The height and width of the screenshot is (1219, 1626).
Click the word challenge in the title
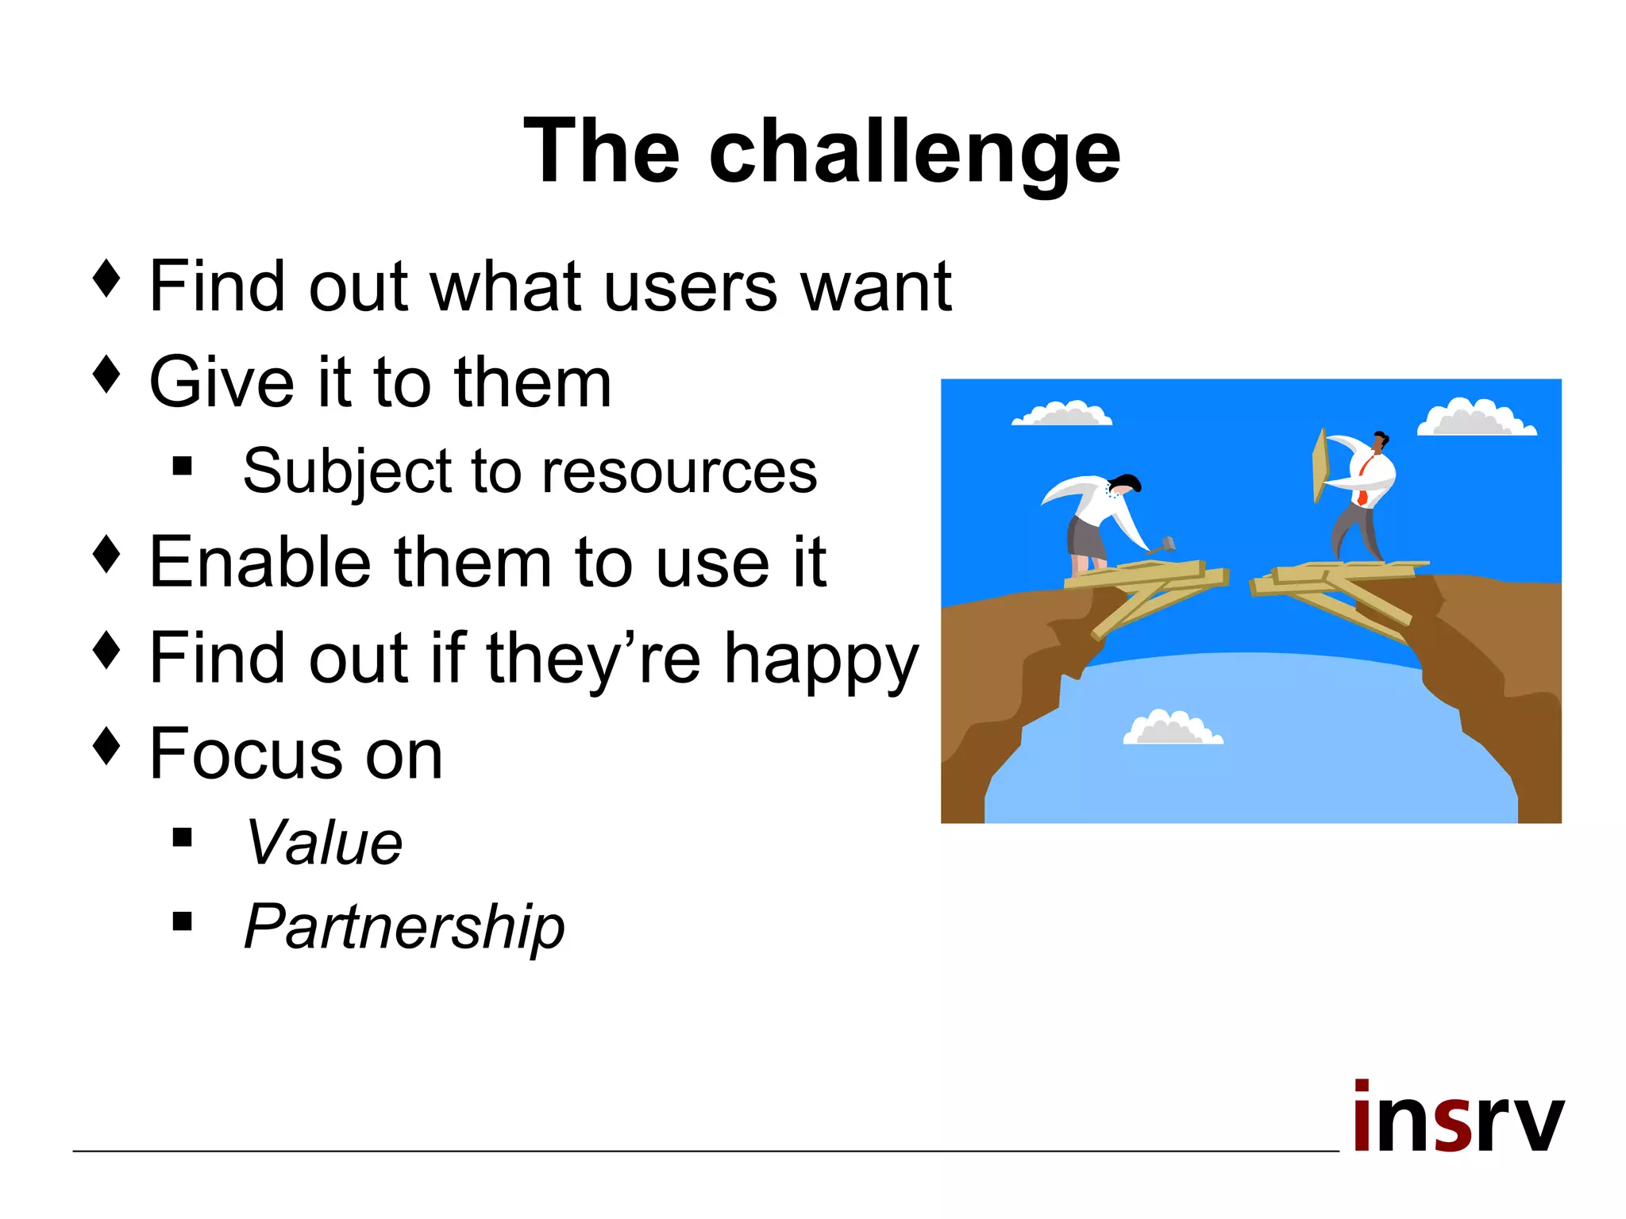[x=915, y=152]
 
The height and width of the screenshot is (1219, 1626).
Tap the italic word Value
[x=324, y=843]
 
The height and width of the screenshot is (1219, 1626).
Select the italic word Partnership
[x=404, y=927]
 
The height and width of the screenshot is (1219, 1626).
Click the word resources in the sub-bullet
[x=679, y=471]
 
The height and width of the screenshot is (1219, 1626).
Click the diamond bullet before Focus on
[x=106, y=746]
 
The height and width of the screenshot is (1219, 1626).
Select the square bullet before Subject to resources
[x=183, y=466]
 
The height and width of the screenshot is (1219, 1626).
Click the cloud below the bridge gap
[x=1172, y=729]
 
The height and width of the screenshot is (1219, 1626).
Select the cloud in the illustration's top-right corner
[x=1475, y=418]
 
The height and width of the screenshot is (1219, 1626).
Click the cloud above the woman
[x=1062, y=414]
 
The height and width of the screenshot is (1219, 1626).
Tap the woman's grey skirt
[x=1085, y=537]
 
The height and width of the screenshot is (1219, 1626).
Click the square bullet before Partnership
[x=183, y=921]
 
